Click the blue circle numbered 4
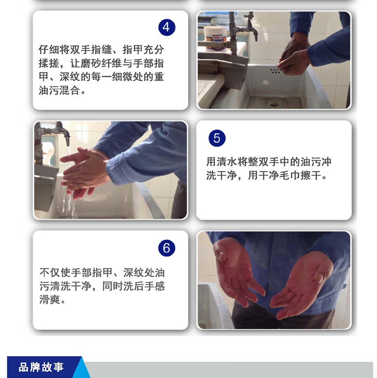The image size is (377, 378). coord(167,28)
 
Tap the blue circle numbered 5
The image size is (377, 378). coord(217,138)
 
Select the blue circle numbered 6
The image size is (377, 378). coord(167,248)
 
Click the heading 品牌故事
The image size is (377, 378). coord(41,367)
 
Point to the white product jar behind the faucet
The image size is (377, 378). coord(215,38)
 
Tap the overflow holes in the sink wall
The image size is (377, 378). coord(275,71)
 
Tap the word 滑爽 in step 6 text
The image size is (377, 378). coord(49,299)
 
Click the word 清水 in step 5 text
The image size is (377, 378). coord(227,162)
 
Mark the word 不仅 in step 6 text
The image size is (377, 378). coord(50,273)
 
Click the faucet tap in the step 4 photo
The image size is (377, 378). coord(250,27)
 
